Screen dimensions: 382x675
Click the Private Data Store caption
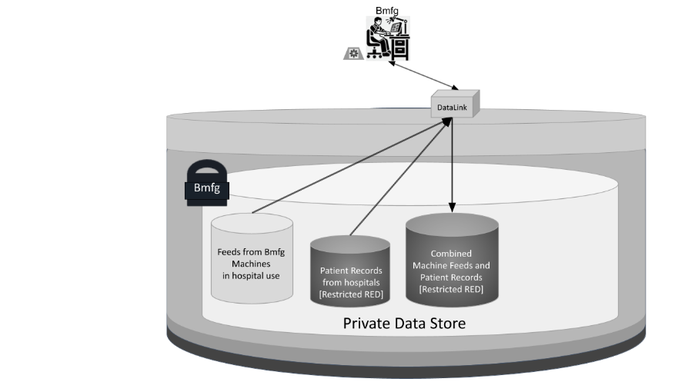(404, 323)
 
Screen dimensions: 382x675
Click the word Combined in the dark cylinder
(451, 253)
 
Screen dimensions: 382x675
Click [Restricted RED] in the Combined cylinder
(451, 289)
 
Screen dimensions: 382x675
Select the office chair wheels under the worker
(376, 56)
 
